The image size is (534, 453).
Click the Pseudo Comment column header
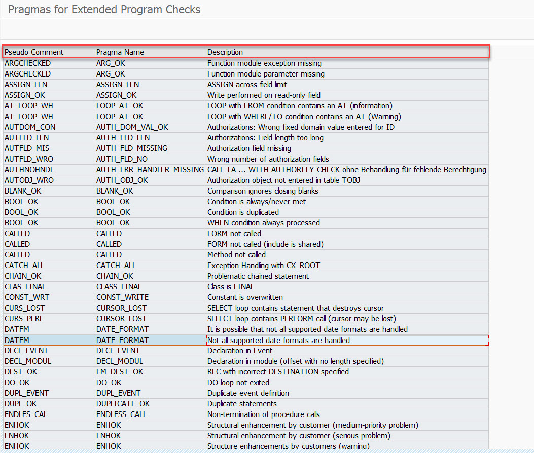coord(34,52)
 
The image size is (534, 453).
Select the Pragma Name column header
coord(120,52)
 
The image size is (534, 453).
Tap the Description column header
coord(225,52)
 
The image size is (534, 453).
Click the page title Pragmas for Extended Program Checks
coord(104,10)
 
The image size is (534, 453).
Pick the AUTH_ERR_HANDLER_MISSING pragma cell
coord(150,170)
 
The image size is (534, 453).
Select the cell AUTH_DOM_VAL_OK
coord(132,127)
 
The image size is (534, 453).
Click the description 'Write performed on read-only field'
coord(264,95)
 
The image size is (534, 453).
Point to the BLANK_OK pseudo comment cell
coord(23,191)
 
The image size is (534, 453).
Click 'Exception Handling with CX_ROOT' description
coord(264,266)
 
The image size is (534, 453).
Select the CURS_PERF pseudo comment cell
coord(24,319)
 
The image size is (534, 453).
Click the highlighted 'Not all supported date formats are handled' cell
coord(278,341)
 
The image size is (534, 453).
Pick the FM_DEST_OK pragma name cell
coord(120,372)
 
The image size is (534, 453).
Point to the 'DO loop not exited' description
coord(238,383)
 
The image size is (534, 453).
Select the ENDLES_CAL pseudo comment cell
coord(26,414)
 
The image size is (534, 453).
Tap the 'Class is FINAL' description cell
coord(231,287)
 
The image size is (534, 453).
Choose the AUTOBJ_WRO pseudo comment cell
coord(29,180)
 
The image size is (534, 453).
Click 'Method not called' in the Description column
coord(236,255)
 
